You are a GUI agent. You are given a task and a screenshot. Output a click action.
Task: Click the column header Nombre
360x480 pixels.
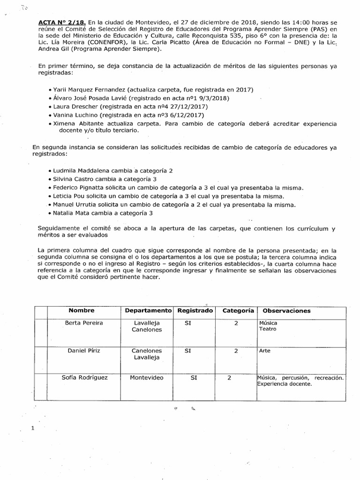82,311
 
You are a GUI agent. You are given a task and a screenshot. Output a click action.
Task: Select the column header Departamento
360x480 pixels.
148,311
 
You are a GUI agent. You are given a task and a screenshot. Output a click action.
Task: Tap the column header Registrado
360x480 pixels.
194,311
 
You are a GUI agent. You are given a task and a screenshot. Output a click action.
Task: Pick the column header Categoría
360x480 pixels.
238,311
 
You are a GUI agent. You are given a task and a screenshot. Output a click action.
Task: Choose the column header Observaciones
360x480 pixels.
286,311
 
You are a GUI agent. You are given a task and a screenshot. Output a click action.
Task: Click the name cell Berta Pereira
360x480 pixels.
84,323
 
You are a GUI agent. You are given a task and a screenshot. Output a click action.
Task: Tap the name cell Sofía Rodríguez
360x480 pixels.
85,377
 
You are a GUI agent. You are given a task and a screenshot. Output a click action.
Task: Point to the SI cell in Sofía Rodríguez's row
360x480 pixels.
194,377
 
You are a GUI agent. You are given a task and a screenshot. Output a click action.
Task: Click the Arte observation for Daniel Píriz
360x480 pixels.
264,351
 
